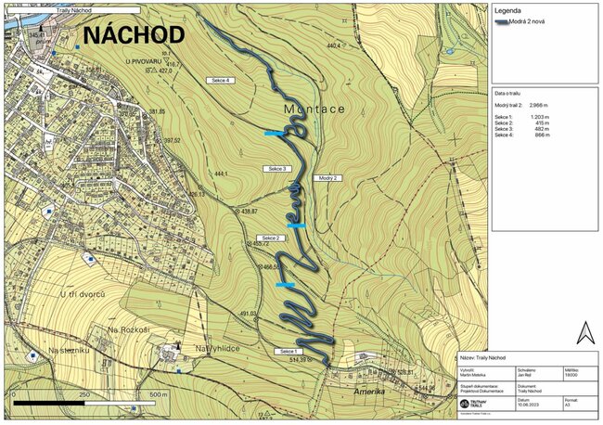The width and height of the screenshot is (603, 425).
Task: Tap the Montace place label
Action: [314, 109]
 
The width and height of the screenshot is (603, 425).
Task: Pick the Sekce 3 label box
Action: [276, 169]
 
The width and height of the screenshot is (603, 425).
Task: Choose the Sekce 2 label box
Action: [270, 238]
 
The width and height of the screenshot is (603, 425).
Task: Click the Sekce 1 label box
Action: [288, 352]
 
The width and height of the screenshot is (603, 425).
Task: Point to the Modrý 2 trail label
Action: [329, 177]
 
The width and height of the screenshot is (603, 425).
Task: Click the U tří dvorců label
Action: [83, 294]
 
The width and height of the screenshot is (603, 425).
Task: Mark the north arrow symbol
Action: [584, 332]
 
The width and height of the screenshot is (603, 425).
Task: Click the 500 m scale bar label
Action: [157, 395]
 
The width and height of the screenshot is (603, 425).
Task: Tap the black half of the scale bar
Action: [46, 404]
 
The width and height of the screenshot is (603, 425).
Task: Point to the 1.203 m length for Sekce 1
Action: [538, 117]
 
